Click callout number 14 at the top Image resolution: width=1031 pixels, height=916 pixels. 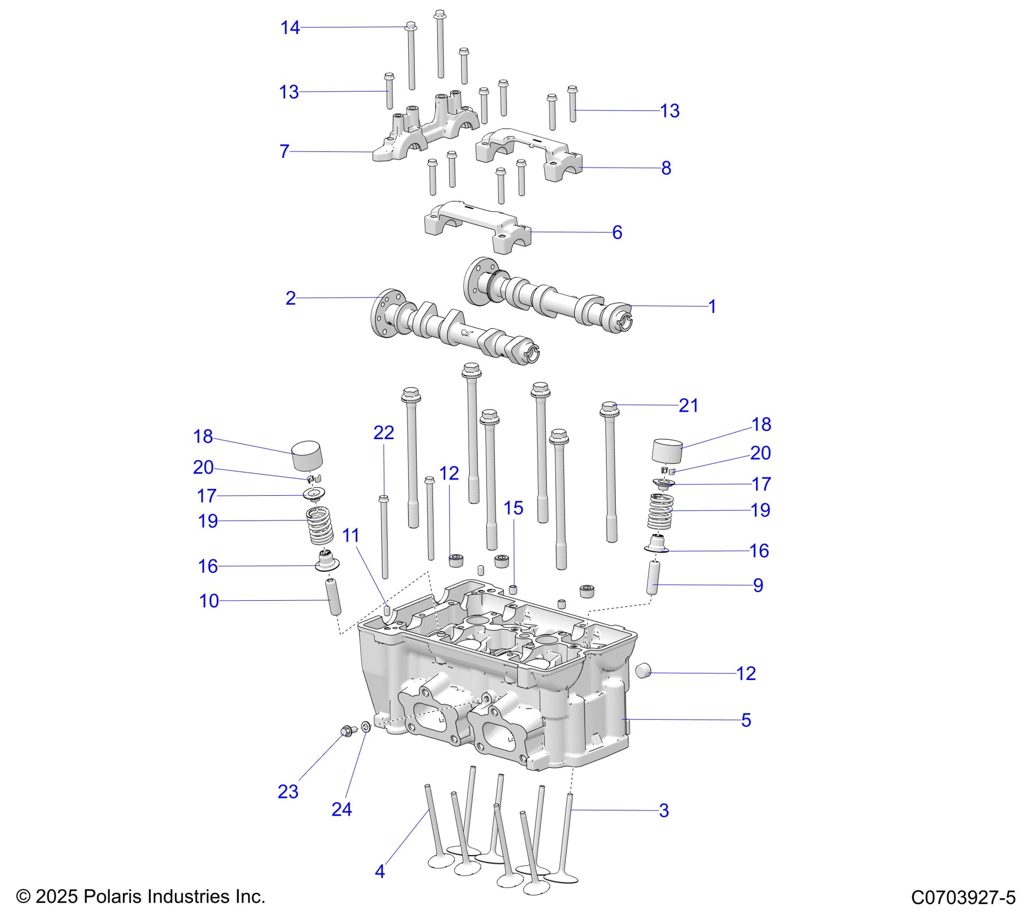pos(290,27)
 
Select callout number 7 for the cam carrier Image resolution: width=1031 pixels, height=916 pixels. pos(284,151)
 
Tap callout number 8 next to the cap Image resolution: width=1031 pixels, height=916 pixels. pos(666,168)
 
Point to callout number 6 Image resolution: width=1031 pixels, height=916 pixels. pos(617,232)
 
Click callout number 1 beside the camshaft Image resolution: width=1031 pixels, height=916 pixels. pos(712,307)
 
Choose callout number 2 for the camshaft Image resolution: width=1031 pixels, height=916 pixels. pos(291,298)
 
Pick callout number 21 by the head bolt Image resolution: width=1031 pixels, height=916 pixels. pos(688,405)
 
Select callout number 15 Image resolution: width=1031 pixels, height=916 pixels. pos(513,508)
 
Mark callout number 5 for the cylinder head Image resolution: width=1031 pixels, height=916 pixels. pos(746,720)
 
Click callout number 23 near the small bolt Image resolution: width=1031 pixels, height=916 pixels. pos(288,792)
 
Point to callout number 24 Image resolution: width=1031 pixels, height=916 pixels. pos(341,809)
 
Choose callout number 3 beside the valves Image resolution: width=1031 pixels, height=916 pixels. pos(664,810)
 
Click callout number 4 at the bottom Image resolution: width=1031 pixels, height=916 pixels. pos(380,871)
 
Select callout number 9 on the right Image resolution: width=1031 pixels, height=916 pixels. pos(758,585)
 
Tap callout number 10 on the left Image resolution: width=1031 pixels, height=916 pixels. pos(209,601)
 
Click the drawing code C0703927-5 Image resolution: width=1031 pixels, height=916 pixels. pos(963,897)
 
